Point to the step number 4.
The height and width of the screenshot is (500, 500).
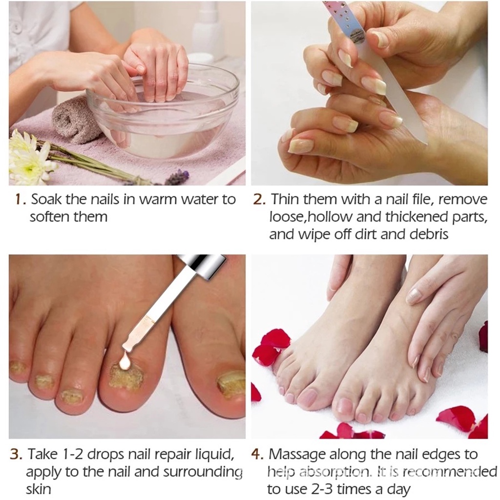(x=257, y=455)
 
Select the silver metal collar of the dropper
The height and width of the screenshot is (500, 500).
(x=200, y=266)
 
